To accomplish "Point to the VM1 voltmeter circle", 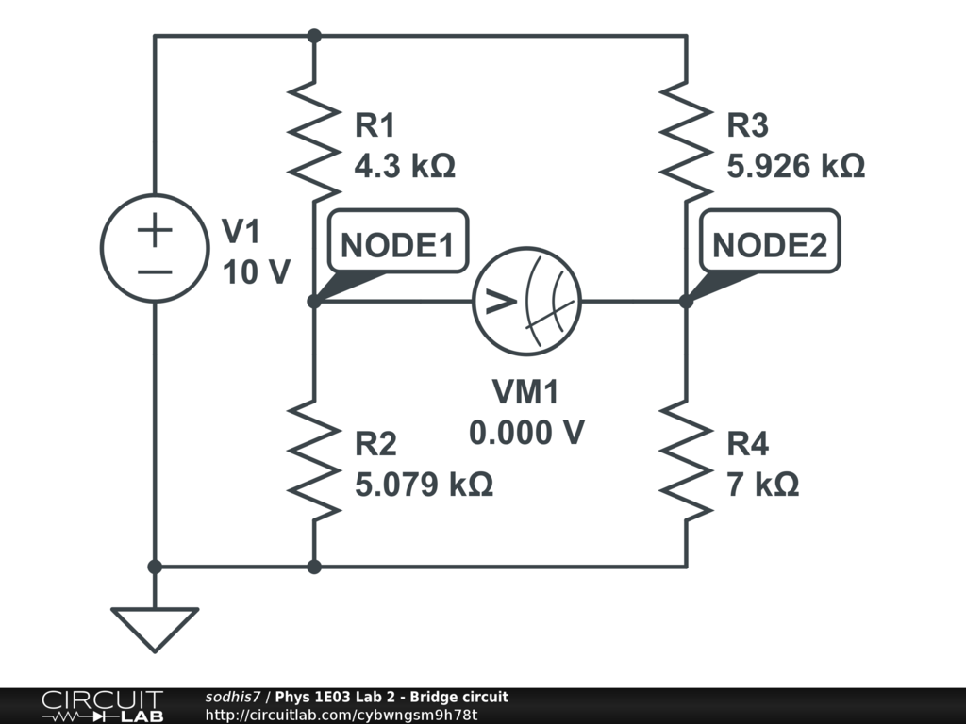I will point(526,302).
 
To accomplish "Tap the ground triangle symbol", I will point(155,627).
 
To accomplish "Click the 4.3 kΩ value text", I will point(405,167).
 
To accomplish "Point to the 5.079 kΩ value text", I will point(424,485).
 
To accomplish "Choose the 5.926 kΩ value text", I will point(795,167).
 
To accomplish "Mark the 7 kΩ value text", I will point(763,485).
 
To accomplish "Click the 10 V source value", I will point(256,272).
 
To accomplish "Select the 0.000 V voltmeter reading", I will point(526,433).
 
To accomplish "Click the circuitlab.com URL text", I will point(341,715).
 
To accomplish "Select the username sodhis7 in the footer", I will point(232,697).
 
